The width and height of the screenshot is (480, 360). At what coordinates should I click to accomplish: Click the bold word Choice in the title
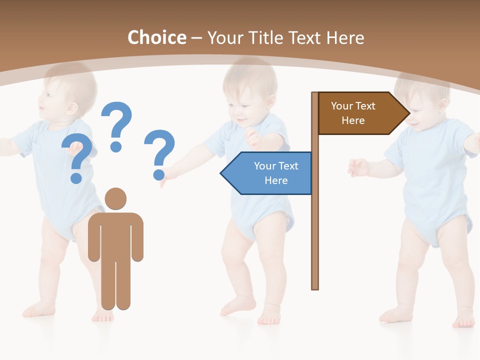[156, 37]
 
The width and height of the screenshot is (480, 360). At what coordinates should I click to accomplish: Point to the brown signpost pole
[314, 225]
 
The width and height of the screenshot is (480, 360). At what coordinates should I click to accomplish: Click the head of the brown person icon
[115, 198]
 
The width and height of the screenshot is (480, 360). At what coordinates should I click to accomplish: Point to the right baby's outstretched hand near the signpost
[357, 167]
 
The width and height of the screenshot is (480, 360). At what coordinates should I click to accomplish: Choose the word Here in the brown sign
[353, 120]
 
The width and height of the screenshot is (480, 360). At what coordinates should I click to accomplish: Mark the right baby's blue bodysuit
[430, 180]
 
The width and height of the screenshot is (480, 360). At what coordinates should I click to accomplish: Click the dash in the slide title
[196, 38]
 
